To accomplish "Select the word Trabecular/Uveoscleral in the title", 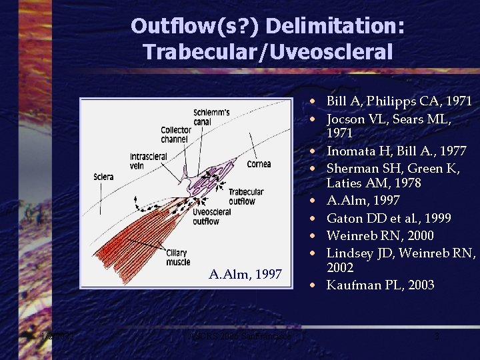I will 267,51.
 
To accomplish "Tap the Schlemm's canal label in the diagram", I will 211,116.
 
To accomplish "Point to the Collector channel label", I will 175,135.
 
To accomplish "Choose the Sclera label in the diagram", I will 105,178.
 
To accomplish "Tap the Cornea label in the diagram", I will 259,164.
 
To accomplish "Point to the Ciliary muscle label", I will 177,257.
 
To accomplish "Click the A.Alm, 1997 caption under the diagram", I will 245,274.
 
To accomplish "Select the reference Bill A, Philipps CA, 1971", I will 399,101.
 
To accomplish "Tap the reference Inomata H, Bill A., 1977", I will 395,151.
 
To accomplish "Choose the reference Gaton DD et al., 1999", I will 389,218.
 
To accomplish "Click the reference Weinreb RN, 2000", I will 380,235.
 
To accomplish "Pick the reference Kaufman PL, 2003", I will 380,285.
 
